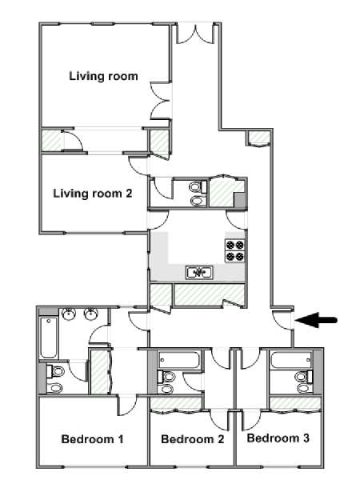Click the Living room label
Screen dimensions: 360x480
pos(103,76)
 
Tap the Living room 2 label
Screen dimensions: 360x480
pos(93,194)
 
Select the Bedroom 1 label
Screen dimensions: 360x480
pos(93,439)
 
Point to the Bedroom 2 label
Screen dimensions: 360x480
pos(193,439)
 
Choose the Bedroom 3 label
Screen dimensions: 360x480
pos(278,438)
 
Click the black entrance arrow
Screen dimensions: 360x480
pos(316,321)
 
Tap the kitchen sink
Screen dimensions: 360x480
pos(199,272)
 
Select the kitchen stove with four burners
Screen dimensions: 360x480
pos(235,250)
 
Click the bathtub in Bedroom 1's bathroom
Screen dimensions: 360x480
pos(49,338)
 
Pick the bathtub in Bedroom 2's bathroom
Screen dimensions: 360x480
pos(179,360)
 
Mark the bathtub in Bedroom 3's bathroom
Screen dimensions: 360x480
pos(291,360)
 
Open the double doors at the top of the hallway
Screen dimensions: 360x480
pos(194,33)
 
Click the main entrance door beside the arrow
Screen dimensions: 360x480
pos(282,320)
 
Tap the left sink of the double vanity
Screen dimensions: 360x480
pos(69,314)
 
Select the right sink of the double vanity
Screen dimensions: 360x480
pos(91,314)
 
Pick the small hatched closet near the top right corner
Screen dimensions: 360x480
pos(258,138)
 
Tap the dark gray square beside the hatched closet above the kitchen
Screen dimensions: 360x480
pos(240,199)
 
